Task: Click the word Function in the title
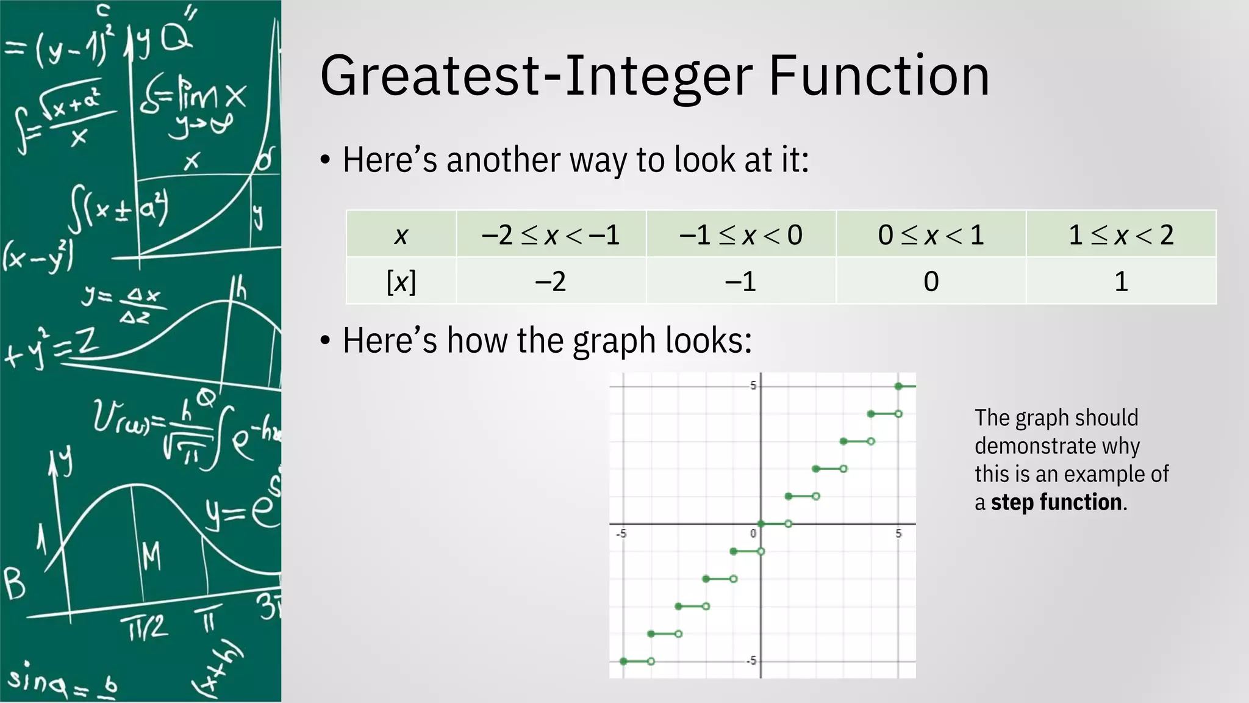[x=879, y=76]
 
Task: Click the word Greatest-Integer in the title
[x=537, y=76]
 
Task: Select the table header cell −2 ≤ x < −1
[x=551, y=235]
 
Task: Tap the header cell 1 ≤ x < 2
[x=1121, y=235]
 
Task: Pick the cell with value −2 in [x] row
[x=551, y=281]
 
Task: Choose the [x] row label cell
[x=401, y=281]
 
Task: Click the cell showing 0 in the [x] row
[x=931, y=281]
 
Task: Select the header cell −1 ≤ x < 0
[x=740, y=235]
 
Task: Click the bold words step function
[x=1056, y=502]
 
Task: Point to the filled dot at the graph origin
[x=760, y=524]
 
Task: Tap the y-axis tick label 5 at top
[x=753, y=385]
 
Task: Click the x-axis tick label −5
[x=621, y=534]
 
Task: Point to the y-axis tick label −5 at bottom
[x=752, y=661]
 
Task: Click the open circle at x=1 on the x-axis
[x=788, y=524]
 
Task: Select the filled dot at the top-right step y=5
[x=898, y=386]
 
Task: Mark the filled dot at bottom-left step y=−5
[x=623, y=661]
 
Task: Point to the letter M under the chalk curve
[x=151, y=555]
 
